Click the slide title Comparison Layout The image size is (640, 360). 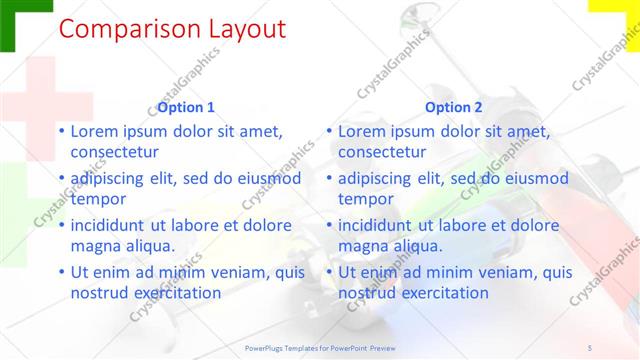click(x=172, y=29)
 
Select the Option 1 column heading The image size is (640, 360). click(x=186, y=107)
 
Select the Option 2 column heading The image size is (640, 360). click(x=453, y=107)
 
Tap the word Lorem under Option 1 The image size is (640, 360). click(x=97, y=132)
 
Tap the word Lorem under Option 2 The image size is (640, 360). click(x=364, y=132)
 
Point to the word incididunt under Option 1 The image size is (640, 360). click(x=112, y=226)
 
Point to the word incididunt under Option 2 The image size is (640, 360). click(x=379, y=226)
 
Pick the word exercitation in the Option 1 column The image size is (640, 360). click(x=172, y=293)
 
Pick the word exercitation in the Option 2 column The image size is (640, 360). click(x=440, y=293)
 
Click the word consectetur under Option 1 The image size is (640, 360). click(x=115, y=152)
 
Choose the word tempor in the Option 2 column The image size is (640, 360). click(x=366, y=199)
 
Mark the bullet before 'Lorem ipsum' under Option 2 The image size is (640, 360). click(x=329, y=132)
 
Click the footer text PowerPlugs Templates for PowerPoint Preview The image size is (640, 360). click(x=319, y=347)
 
